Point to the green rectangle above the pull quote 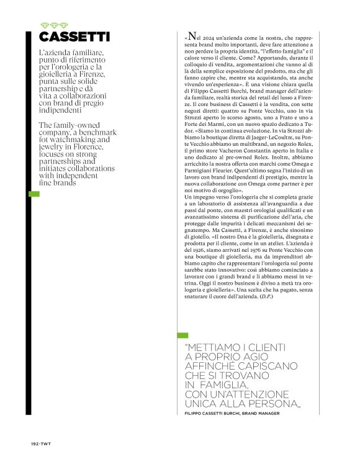182,336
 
